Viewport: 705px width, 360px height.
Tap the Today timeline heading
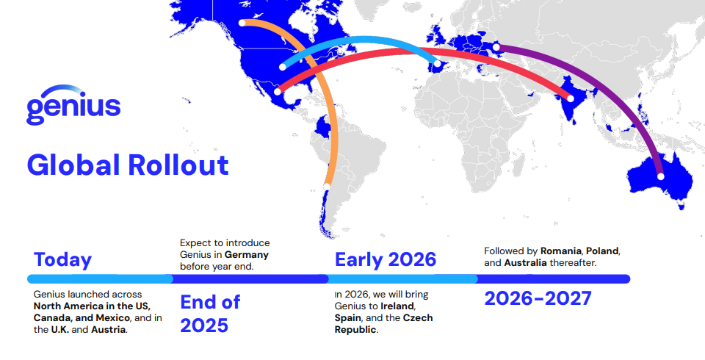62,259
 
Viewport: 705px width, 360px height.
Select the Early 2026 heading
386,259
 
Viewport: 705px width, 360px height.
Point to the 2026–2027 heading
538,298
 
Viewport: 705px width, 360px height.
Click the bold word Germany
247,255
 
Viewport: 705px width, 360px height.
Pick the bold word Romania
560,251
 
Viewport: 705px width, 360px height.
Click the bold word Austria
108,329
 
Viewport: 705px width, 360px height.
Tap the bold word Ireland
397,306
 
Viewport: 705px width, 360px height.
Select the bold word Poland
602,251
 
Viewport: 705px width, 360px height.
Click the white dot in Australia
660,176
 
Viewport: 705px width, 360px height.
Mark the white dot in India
571,98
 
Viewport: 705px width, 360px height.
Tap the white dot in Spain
437,64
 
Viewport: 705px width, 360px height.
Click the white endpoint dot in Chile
327,187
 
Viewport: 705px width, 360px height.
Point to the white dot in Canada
242,23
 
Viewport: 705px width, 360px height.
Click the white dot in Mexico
278,91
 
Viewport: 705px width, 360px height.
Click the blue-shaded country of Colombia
323,127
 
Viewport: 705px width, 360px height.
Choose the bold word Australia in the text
525,262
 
